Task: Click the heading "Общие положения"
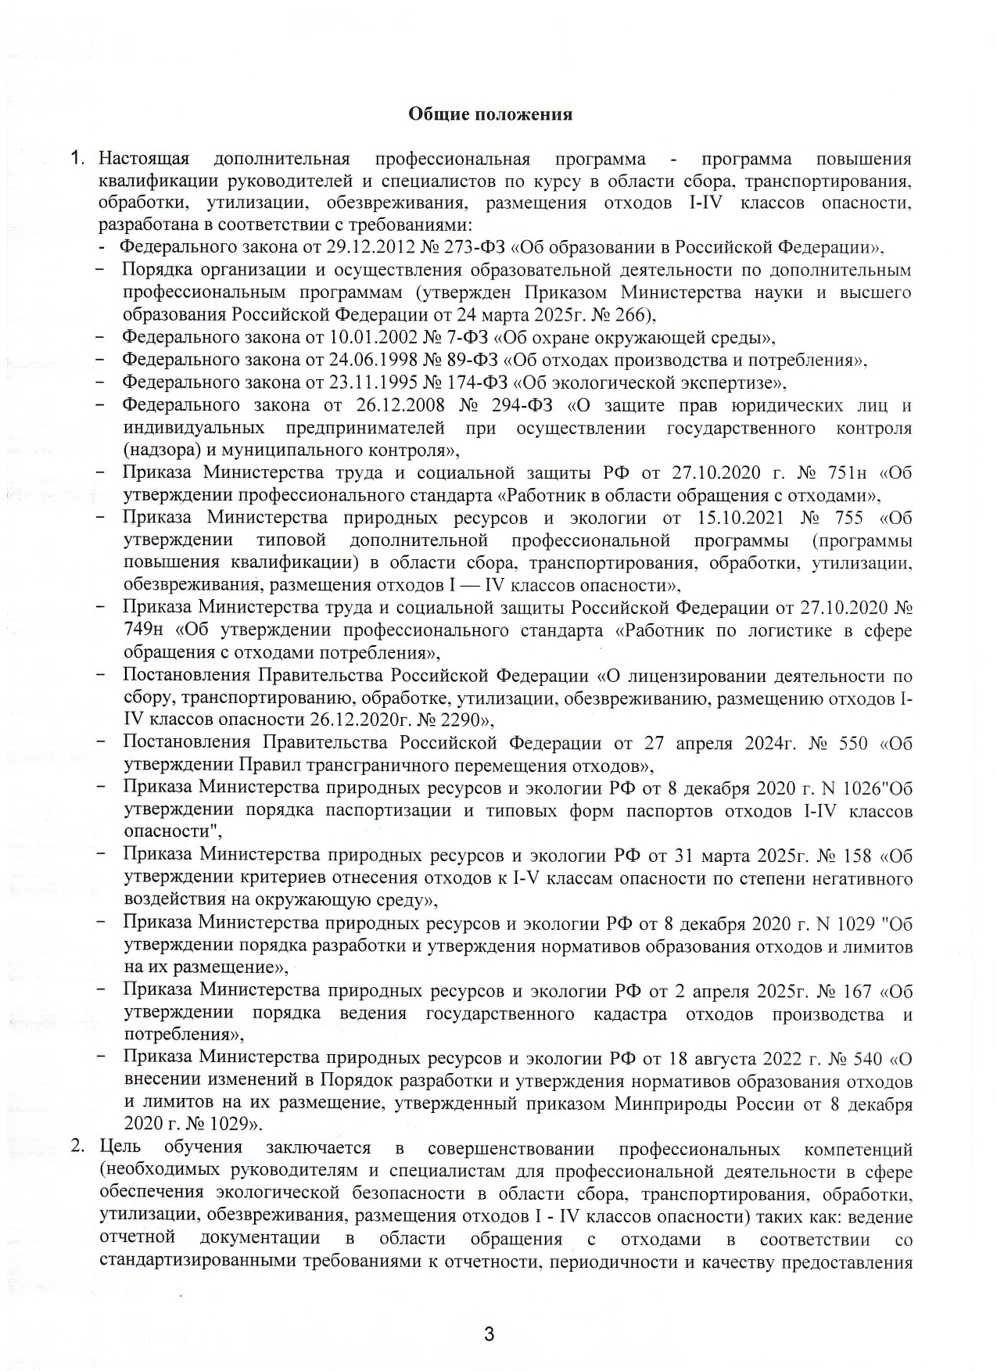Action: point(490,115)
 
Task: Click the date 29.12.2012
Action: point(353,248)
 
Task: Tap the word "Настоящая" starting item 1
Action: point(144,160)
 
